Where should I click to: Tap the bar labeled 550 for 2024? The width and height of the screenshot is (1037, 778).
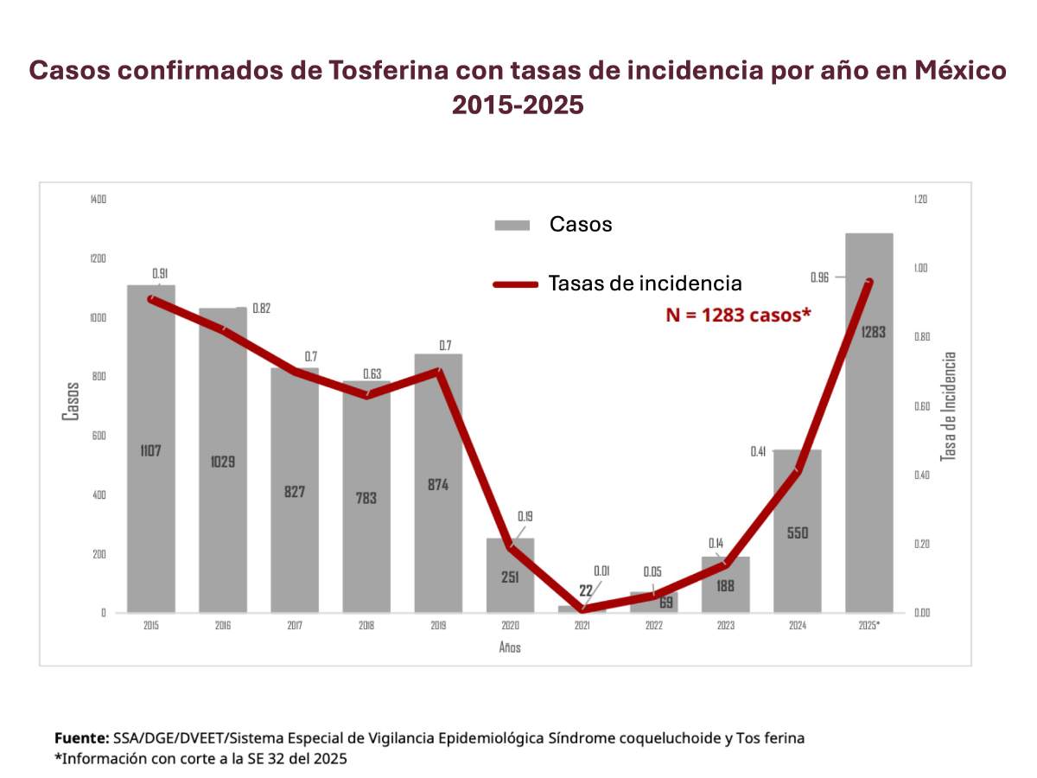[x=797, y=562]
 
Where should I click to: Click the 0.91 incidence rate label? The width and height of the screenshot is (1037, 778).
[x=160, y=274]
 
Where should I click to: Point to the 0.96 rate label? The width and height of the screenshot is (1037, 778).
[x=820, y=277]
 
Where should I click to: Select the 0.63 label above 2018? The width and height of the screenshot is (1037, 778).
[x=372, y=374]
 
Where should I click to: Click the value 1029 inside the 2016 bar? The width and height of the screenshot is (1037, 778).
[x=222, y=462]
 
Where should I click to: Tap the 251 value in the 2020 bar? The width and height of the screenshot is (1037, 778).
[x=510, y=577]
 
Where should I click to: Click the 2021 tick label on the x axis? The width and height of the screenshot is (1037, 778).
[x=582, y=625]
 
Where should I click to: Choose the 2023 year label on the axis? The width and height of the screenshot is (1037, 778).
[x=725, y=625]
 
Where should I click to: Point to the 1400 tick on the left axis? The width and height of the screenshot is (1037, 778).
[x=98, y=200]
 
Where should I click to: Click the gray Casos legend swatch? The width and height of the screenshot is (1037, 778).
[x=512, y=226]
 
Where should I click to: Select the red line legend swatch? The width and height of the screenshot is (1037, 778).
[x=516, y=284]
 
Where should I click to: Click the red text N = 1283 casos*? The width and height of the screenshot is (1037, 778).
[x=738, y=316]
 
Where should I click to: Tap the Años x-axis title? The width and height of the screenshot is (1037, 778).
[x=510, y=647]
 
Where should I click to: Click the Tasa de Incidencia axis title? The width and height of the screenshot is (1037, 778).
[x=948, y=406]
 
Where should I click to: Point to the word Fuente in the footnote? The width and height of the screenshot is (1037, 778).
[x=80, y=738]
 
